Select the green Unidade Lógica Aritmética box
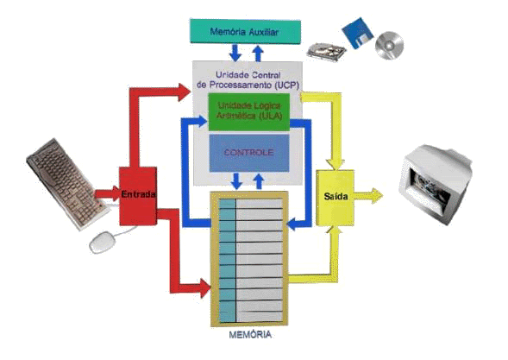tap(248, 111)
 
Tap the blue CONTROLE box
tap(248, 153)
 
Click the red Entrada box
tap(138, 193)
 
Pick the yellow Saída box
tap(335, 196)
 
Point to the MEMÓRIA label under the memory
tap(250, 334)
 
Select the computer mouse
tap(103, 242)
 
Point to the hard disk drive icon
tap(326, 51)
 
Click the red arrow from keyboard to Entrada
tap(106, 193)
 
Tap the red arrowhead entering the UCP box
tap(182, 89)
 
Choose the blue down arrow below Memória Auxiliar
tap(235, 51)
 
